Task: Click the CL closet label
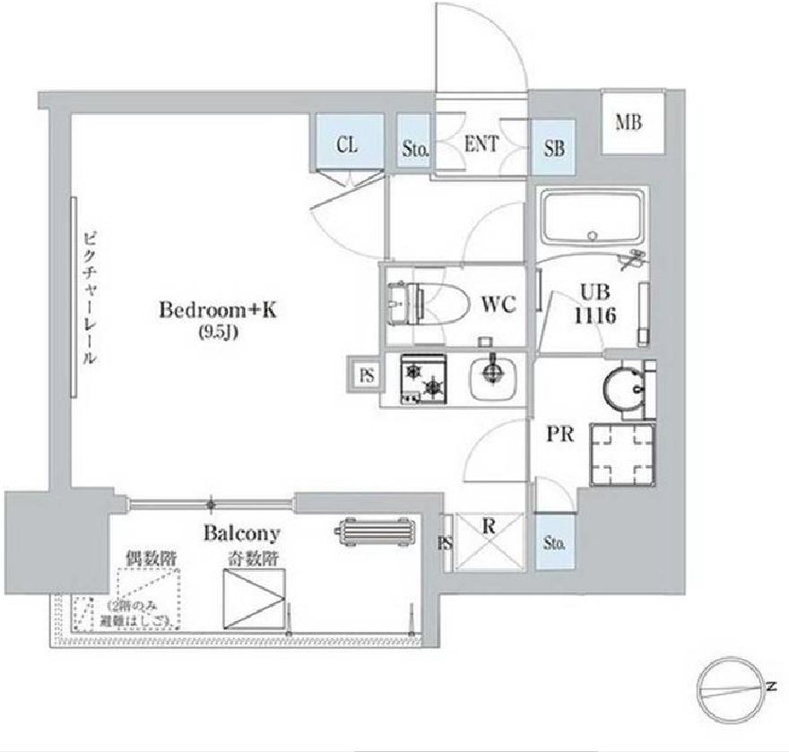(348, 144)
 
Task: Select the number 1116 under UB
(597, 316)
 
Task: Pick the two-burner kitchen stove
(422, 378)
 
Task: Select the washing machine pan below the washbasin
(620, 452)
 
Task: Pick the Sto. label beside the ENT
(414, 149)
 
